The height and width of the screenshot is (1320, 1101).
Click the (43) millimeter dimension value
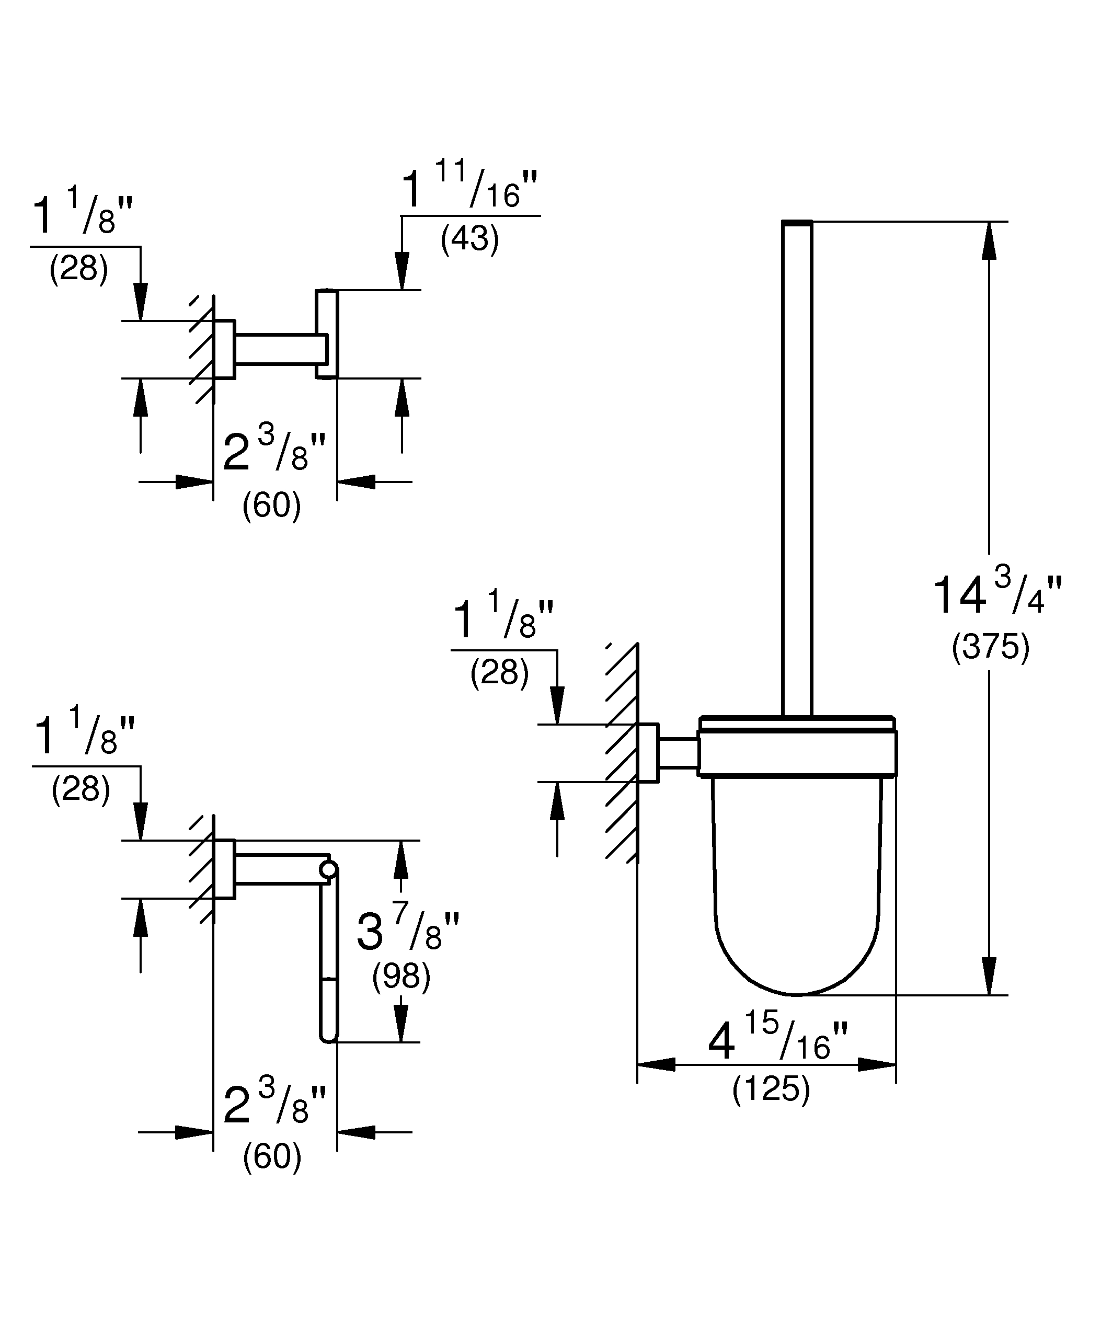[x=469, y=239]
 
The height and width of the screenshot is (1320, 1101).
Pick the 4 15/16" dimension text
[x=778, y=1040]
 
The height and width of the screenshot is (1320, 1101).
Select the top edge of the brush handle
[x=797, y=223]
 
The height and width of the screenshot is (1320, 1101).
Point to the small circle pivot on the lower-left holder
[x=328, y=869]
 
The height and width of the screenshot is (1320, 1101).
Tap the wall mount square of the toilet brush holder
[x=649, y=753]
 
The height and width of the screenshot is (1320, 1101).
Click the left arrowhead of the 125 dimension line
[x=656, y=1064]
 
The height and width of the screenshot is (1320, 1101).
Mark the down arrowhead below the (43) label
[x=402, y=271]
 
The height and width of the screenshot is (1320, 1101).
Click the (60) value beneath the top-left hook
[x=271, y=506]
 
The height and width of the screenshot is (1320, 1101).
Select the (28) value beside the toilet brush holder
[x=500, y=673]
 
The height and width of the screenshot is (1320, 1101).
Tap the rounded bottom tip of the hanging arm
[x=329, y=1038]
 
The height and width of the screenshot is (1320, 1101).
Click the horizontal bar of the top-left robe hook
[x=280, y=349]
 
